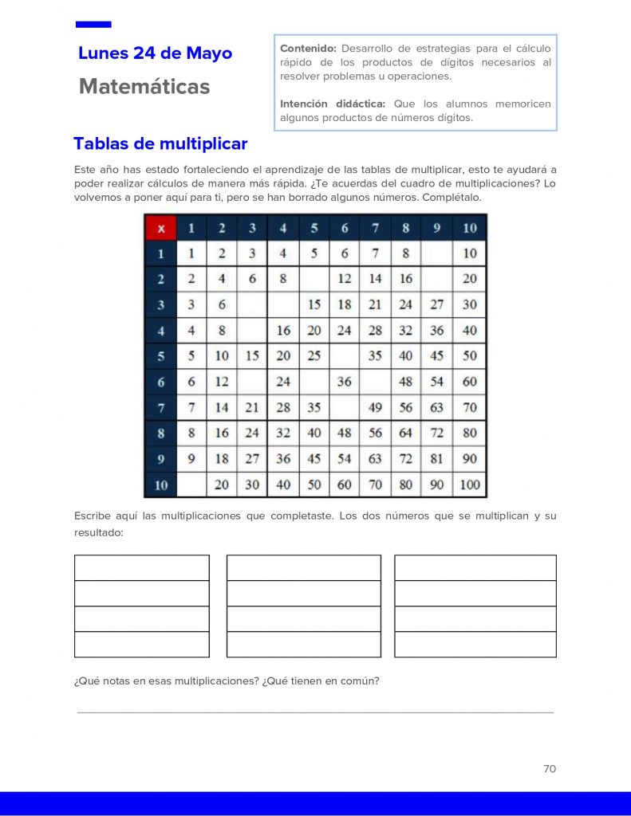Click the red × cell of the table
160,229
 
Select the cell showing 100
470,484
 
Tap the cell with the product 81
437,459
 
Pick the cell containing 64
406,433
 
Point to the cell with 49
375,407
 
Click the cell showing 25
314,355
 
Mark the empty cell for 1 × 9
437,253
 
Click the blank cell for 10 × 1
191,484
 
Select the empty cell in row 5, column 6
345,355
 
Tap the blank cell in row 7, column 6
345,407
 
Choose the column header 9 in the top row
437,229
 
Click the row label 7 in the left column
160,407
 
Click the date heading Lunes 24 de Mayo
156,53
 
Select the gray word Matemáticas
144,87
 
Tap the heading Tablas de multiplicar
160,144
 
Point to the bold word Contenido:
309,49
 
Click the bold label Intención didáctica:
333,104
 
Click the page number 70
549,769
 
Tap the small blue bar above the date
93,25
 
